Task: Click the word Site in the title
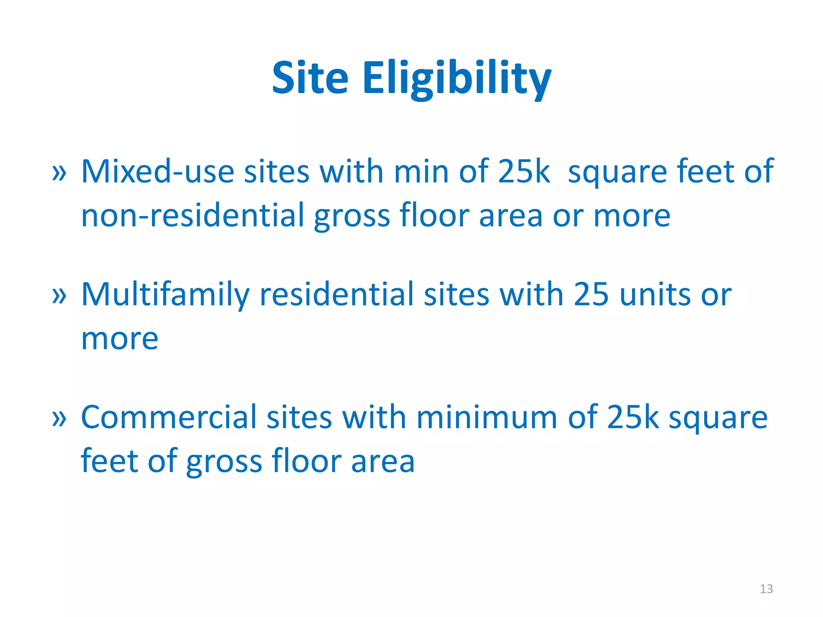(310, 78)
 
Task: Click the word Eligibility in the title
(457, 78)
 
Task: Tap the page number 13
(766, 589)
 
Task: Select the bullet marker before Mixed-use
(59, 173)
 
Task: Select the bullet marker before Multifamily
(59, 296)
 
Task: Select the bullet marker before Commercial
(59, 419)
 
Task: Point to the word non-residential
(193, 216)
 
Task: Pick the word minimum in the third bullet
(487, 418)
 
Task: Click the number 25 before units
(591, 295)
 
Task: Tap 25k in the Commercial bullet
(633, 418)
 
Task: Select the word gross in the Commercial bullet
(224, 462)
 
